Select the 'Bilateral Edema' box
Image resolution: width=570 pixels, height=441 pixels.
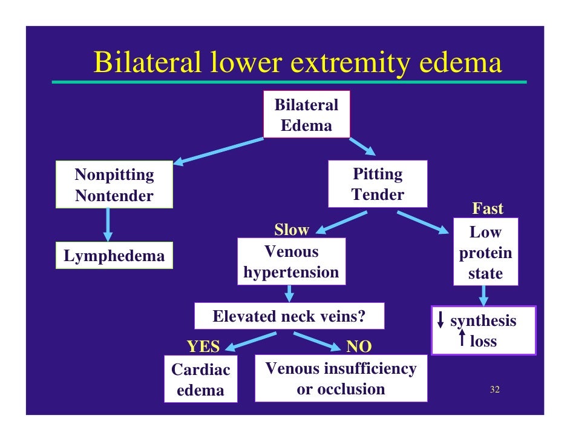pyautogui.click(x=306, y=115)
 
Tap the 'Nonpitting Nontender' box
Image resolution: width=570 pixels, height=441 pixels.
pyautogui.click(x=114, y=185)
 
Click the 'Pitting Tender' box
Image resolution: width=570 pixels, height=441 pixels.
pyautogui.click(x=378, y=184)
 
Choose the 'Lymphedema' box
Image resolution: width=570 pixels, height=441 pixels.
pyautogui.click(x=114, y=256)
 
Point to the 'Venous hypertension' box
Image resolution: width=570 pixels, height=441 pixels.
pyautogui.click(x=291, y=262)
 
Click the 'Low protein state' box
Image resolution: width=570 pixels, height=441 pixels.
pyautogui.click(x=485, y=253)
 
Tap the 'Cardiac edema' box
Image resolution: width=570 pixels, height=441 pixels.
pyautogui.click(x=201, y=379)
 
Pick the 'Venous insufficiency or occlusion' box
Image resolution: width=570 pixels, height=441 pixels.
pyautogui.click(x=341, y=379)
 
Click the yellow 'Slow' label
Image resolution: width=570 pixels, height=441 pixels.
pyautogui.click(x=291, y=230)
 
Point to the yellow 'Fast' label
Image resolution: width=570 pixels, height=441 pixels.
pyautogui.click(x=487, y=209)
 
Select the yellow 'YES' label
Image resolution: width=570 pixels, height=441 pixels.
pyautogui.click(x=203, y=346)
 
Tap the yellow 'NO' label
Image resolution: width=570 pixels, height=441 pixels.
pyautogui.click(x=358, y=346)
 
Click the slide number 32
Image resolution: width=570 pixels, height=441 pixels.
pyautogui.click(x=494, y=390)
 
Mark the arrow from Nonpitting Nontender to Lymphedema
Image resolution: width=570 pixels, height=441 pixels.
pyautogui.click(x=108, y=224)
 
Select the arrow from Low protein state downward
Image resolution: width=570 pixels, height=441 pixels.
pyautogui.click(x=484, y=296)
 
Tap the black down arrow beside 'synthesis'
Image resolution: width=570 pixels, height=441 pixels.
pyautogui.click(x=441, y=320)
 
